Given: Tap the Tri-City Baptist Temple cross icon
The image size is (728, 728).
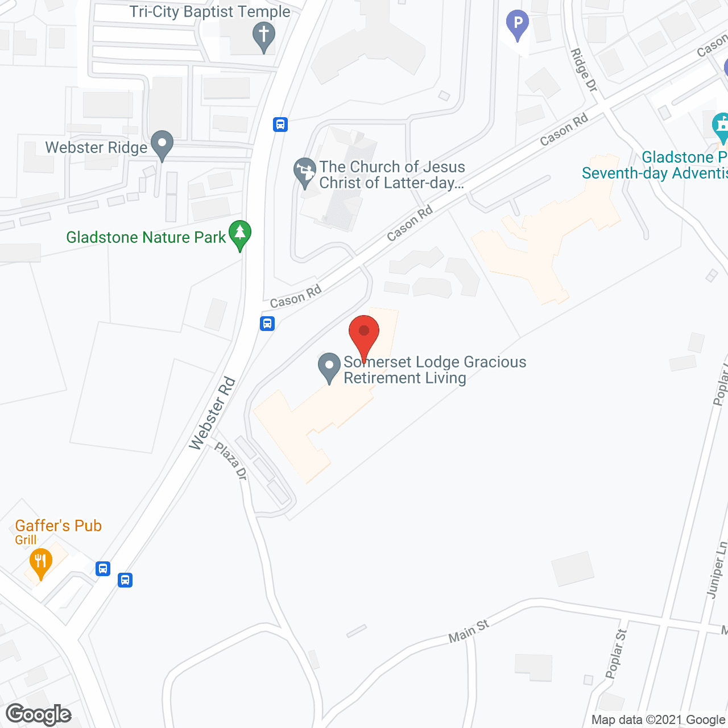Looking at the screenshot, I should (263, 36).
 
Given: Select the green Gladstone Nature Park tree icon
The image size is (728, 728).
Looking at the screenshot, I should (240, 234).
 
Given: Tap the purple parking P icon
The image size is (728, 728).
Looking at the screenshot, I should (518, 24).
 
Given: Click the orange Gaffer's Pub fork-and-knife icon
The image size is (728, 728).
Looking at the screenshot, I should (40, 562).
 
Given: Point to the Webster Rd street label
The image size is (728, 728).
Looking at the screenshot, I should (212, 413).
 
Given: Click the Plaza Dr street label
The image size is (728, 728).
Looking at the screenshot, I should (231, 461).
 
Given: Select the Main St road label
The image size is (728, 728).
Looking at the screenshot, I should (469, 631).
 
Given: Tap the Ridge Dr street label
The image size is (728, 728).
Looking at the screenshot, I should (584, 70).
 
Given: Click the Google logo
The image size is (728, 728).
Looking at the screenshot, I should (39, 714).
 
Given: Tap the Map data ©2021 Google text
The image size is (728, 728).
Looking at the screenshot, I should (659, 719).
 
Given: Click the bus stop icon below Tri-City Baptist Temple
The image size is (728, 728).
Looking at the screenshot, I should (280, 124).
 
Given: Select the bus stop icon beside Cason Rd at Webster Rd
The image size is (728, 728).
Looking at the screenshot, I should (267, 324).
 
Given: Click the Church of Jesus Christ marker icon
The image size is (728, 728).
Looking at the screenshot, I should (305, 172).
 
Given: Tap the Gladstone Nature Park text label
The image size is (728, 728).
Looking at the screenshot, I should (146, 237).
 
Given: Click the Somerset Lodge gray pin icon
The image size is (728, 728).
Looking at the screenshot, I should (329, 367).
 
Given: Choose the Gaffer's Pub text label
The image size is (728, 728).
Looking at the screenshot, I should (58, 526).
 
